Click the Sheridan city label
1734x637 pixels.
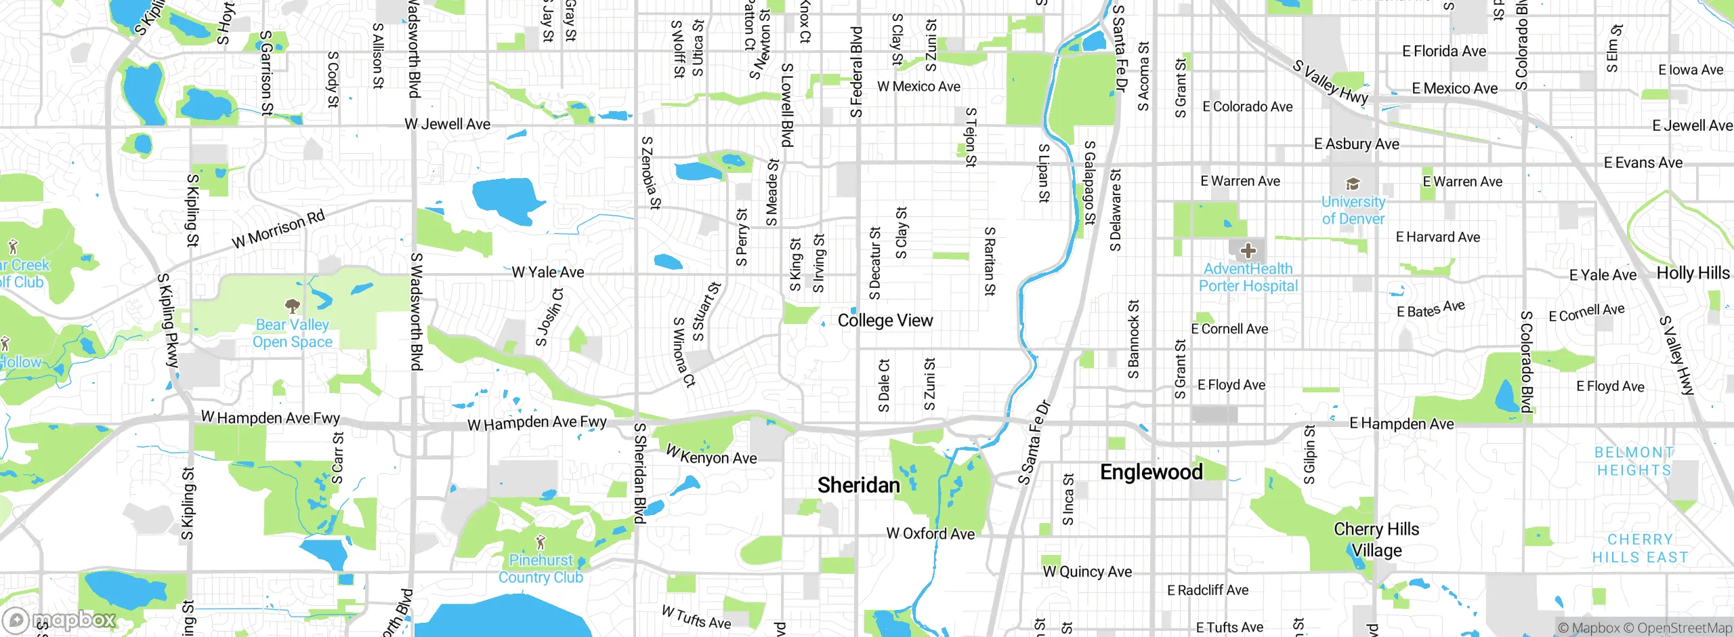click(x=858, y=485)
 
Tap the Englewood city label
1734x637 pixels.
click(x=1151, y=472)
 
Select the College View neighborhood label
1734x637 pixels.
click(x=885, y=321)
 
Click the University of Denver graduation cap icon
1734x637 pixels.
click(x=1353, y=184)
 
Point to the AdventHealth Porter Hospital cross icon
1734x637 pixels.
click(x=1248, y=251)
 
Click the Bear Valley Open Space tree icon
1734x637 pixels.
click(x=293, y=306)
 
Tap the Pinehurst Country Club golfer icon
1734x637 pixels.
click(x=540, y=543)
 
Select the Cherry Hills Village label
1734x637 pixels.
click(x=1376, y=539)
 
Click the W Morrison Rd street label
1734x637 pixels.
click(x=278, y=229)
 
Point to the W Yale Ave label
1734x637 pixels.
click(x=547, y=272)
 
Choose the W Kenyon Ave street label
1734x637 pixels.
click(x=711, y=455)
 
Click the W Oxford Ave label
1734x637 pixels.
click(x=930, y=533)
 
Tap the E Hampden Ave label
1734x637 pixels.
click(x=1401, y=424)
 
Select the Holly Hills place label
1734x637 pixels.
click(x=1693, y=273)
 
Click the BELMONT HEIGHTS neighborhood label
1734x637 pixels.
click(x=1634, y=461)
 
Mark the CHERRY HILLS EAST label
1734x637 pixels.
click(x=1640, y=548)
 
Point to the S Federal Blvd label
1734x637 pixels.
click(x=857, y=71)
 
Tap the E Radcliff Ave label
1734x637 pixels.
click(x=1207, y=590)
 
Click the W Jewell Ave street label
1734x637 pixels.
click(x=447, y=124)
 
